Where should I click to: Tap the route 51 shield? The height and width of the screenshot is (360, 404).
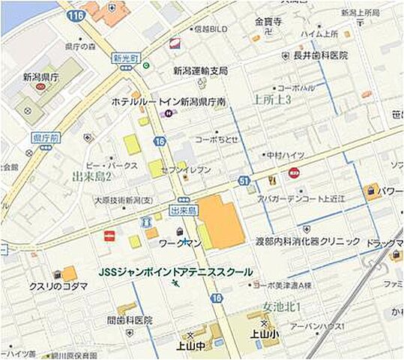(244, 180)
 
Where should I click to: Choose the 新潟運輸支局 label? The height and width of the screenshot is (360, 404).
(200, 71)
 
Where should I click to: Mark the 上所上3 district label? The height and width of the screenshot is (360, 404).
(272, 99)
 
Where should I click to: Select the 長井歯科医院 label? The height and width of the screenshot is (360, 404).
(321, 55)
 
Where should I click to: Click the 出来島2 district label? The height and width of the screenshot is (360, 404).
(92, 177)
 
